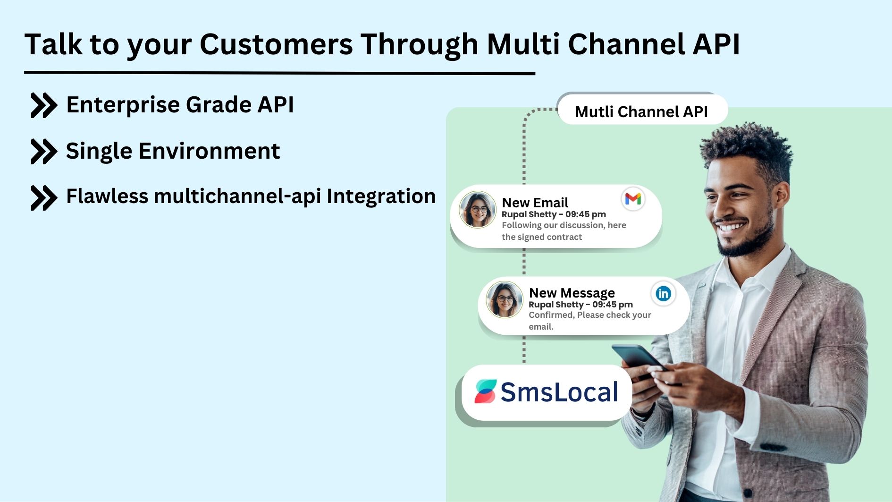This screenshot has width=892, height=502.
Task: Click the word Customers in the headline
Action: [276, 44]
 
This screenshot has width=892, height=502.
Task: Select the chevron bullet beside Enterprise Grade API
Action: [43, 105]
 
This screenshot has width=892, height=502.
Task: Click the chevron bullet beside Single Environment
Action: [43, 151]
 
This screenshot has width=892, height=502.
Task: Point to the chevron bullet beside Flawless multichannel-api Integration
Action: [43, 197]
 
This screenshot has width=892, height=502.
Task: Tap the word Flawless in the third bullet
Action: [107, 196]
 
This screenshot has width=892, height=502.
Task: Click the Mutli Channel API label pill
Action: [641, 111]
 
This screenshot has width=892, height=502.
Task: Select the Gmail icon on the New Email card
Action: [633, 199]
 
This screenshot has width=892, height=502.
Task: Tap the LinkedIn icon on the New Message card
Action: [663, 294]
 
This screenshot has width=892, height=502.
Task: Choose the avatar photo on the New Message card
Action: [505, 300]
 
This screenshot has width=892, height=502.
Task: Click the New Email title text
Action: [535, 203]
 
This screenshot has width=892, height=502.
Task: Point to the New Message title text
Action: [572, 293]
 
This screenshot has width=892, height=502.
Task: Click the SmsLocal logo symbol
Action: [486, 391]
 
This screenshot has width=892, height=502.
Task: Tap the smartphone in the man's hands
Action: [637, 357]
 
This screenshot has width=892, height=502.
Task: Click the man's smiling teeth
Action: [731, 227]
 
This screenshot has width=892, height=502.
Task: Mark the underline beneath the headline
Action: [279, 73]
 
